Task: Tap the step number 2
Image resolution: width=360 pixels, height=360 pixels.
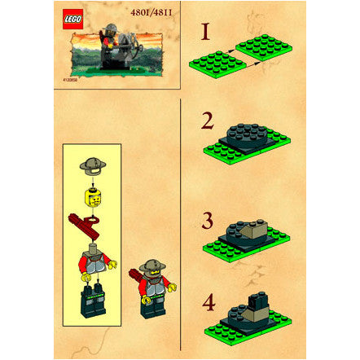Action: click(x=208, y=123)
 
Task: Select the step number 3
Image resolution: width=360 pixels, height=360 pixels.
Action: click(x=208, y=220)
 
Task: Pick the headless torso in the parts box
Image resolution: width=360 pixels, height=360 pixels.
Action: click(x=91, y=261)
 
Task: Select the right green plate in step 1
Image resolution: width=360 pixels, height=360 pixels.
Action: click(x=270, y=47)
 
